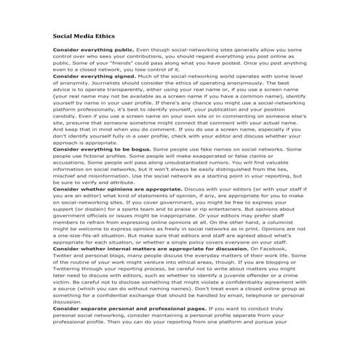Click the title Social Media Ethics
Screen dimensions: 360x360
point(83,36)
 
